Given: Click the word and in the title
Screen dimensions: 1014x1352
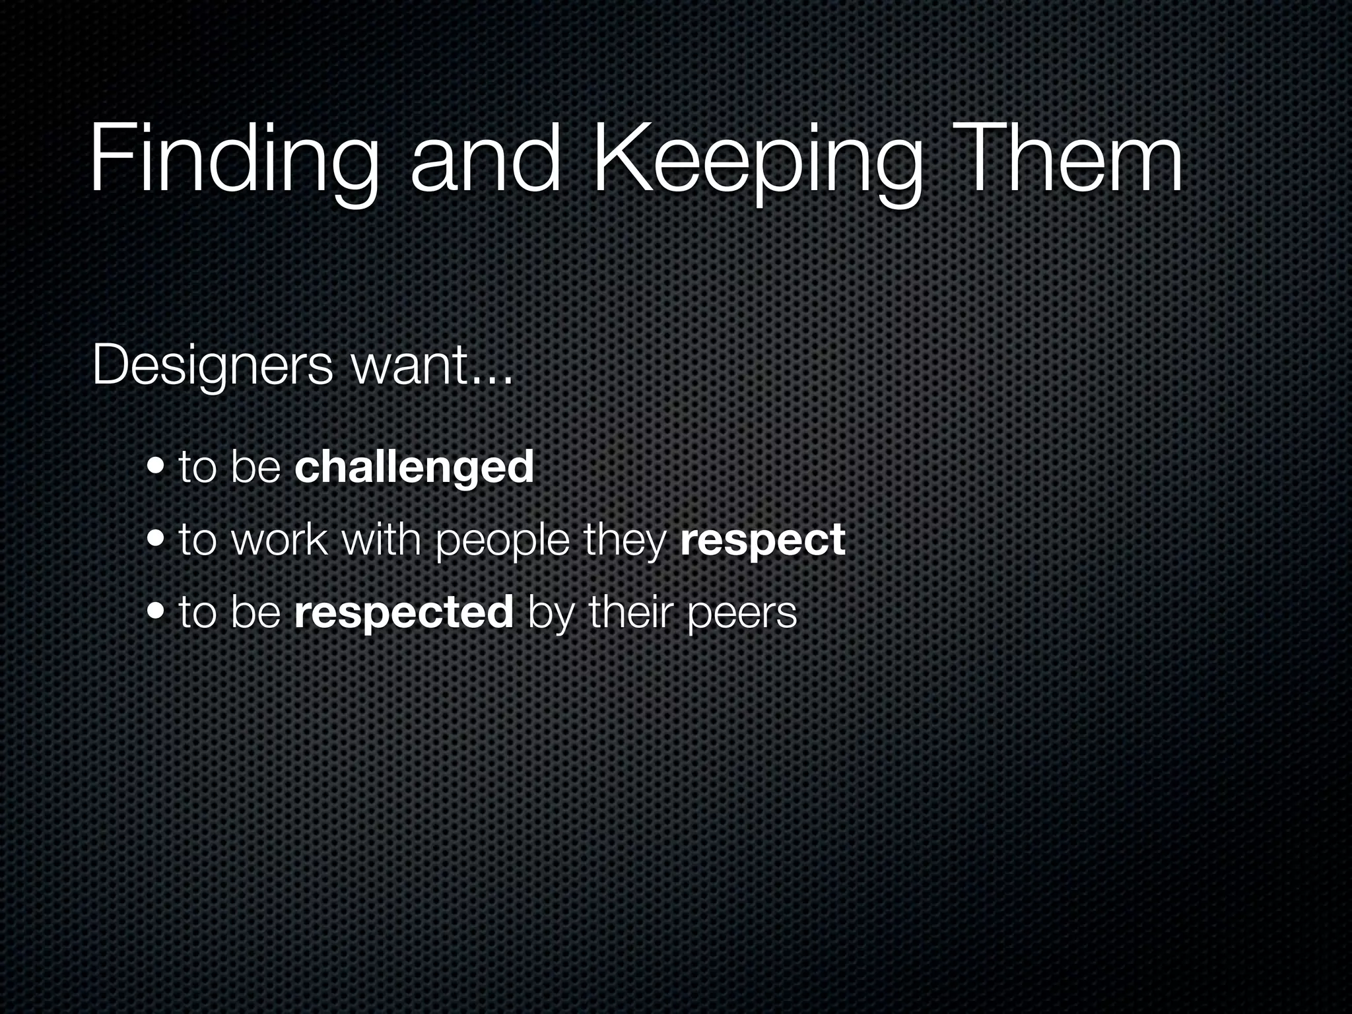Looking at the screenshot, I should (485, 162).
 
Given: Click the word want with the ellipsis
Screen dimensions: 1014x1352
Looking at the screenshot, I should (432, 366).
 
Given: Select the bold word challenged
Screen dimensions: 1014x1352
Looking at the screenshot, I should (414, 467).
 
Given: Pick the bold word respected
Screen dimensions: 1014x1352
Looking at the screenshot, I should (404, 613).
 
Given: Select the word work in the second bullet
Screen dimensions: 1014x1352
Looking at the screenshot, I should (280, 540).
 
